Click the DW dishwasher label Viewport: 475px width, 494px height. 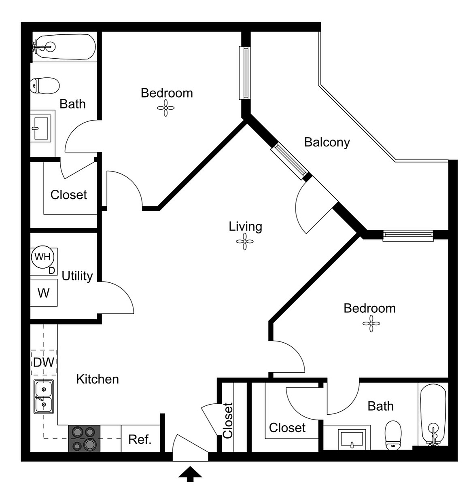tap(44, 362)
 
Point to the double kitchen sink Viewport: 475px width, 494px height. tap(44, 396)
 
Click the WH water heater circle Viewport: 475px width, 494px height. tap(42, 257)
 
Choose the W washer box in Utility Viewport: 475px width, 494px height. tap(44, 293)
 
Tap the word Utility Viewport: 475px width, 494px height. tap(77, 276)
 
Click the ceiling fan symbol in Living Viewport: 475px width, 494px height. tap(245, 242)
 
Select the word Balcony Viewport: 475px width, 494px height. tap(327, 142)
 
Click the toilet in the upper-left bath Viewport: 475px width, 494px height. tap(45, 85)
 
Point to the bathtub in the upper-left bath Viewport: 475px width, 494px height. tap(64, 47)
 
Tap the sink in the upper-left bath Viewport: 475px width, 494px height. tap(41, 128)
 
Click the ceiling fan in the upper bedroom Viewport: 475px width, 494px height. tap(166, 108)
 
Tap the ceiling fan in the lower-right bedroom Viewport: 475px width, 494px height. tap(371, 323)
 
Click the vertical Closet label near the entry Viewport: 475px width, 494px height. tap(227, 420)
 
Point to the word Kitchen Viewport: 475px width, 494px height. tap(98, 379)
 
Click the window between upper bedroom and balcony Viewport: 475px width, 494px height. tap(245, 73)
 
